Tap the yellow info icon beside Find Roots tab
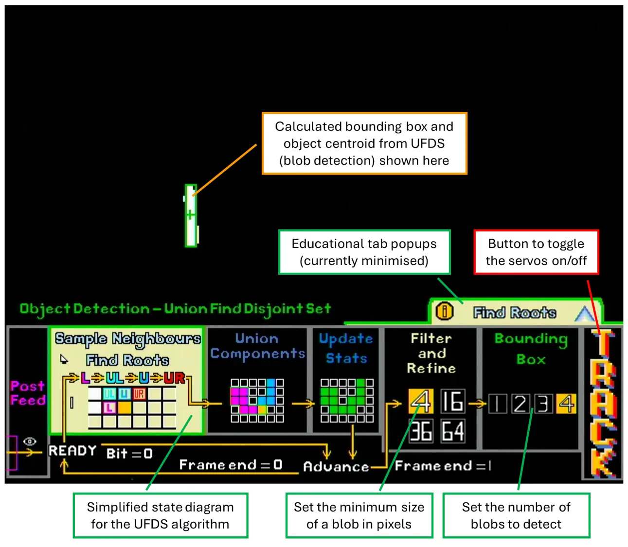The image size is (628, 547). pos(444,311)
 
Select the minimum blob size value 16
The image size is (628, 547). pos(452,402)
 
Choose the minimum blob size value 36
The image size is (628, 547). pos(421,431)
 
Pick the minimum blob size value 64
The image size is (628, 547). pos(452,431)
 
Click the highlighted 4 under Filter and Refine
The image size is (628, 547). pos(421,402)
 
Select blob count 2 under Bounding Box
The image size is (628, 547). pos(520,404)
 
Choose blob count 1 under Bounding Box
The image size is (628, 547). pos(498,404)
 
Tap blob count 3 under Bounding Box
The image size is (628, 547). pos(543,404)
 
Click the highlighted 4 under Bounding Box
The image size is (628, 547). pos(566,404)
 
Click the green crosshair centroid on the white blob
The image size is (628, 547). pos(190,214)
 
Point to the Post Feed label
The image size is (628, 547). pos(28,393)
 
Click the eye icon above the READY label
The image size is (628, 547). pos(30,441)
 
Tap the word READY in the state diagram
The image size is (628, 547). pos(72,451)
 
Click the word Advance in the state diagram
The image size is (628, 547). pos(336,467)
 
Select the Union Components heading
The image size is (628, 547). pos(257,346)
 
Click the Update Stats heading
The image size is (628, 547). pos(346,348)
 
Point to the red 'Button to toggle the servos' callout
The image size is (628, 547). pos(536,252)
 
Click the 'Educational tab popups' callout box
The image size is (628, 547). pos(364,252)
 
